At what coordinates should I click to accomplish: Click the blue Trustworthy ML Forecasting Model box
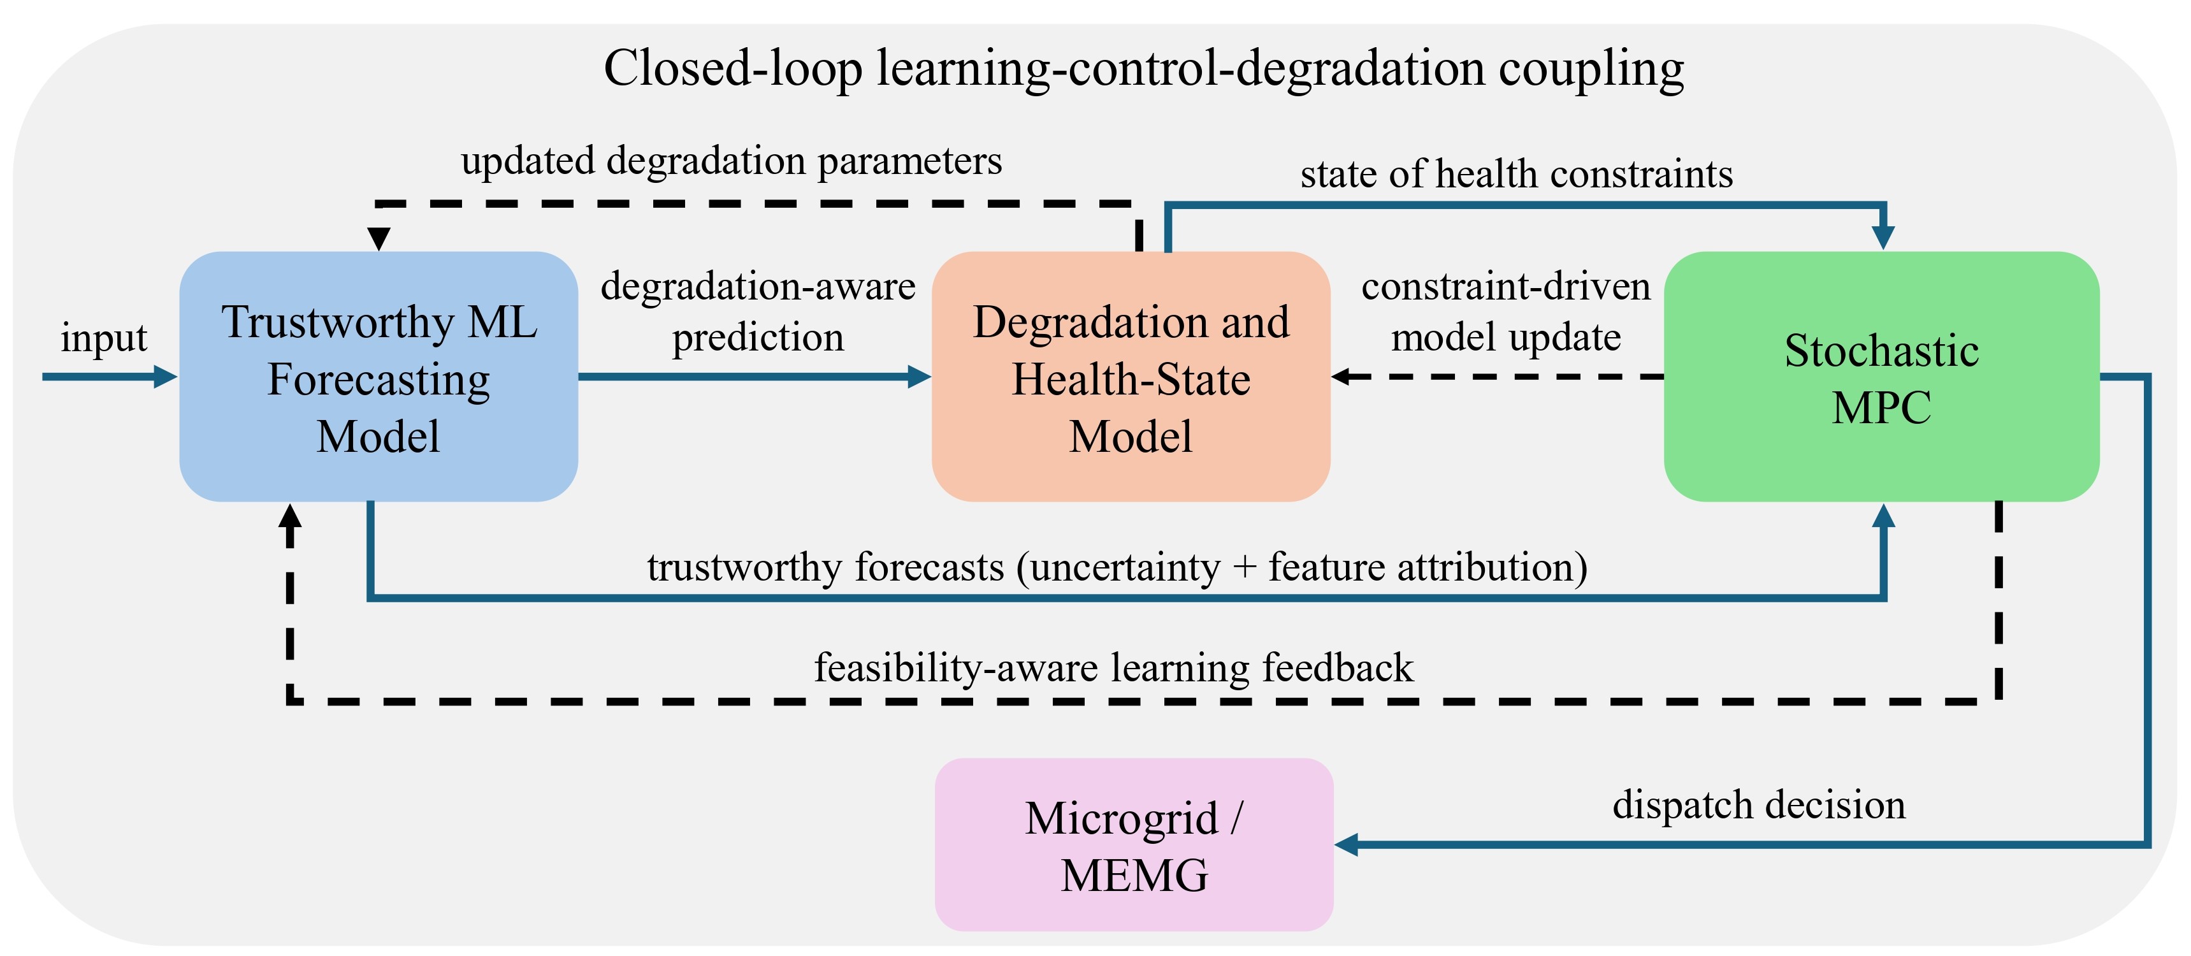click(379, 377)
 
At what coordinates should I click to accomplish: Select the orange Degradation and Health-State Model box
click(1131, 377)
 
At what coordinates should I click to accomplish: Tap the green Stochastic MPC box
click(1881, 377)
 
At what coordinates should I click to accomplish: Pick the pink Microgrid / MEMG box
click(1134, 844)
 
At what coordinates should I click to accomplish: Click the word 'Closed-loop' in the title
click(733, 69)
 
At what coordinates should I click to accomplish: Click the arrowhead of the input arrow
click(165, 377)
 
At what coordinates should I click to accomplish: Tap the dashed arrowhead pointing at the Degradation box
click(1342, 377)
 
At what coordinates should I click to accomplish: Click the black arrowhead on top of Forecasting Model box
click(379, 239)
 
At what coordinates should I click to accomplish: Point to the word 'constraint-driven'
click(1505, 287)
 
